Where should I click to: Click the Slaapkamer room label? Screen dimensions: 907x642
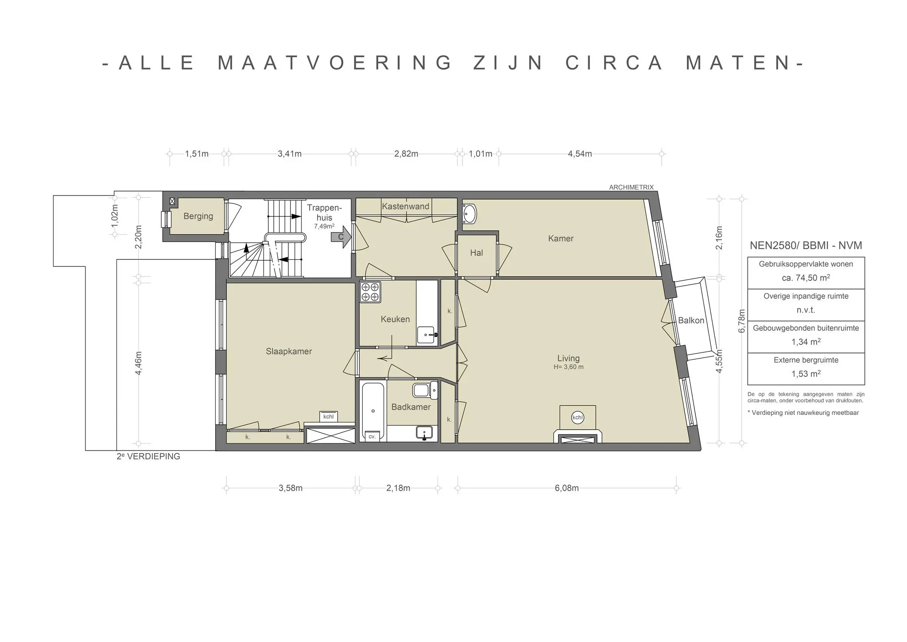click(289, 352)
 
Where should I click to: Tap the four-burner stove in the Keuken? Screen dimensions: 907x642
click(370, 292)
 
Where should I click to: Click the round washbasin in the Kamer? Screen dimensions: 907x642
click(469, 214)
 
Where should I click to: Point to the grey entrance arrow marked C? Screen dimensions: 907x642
click(341, 237)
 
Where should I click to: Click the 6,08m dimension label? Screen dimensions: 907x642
click(566, 488)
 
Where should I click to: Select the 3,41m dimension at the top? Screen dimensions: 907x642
click(290, 154)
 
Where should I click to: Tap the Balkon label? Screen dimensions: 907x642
click(691, 321)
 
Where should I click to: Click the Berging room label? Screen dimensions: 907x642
click(198, 216)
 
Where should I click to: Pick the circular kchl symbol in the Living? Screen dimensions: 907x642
click(578, 418)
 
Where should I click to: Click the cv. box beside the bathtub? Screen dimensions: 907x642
click(372, 436)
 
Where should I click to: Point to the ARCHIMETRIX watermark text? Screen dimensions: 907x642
click(631, 188)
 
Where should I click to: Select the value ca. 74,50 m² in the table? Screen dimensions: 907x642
click(806, 278)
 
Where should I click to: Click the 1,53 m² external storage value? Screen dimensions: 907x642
click(806, 374)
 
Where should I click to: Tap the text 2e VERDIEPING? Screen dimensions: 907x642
click(148, 456)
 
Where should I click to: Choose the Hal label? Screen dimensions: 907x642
click(477, 253)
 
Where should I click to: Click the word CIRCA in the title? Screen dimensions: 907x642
click(614, 63)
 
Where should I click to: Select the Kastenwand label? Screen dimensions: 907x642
click(406, 206)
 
